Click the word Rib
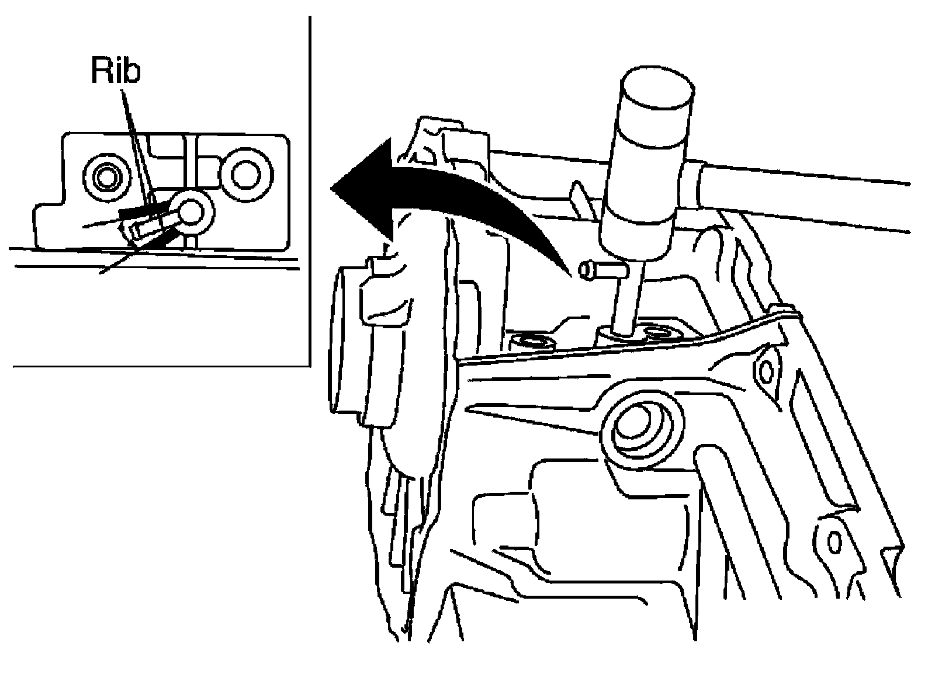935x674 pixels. coord(116,71)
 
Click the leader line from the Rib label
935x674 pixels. coord(138,146)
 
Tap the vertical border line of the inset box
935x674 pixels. coord(310,193)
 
